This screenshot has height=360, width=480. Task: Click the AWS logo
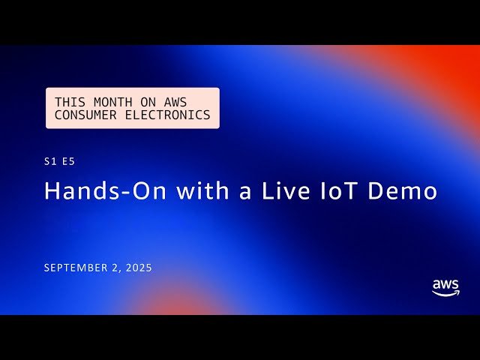445,288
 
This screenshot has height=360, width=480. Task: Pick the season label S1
50,160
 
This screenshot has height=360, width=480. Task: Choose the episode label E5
69,160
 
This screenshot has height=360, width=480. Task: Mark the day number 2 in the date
118,268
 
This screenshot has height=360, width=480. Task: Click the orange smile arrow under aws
446,294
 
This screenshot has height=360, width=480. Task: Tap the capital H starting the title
52,190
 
